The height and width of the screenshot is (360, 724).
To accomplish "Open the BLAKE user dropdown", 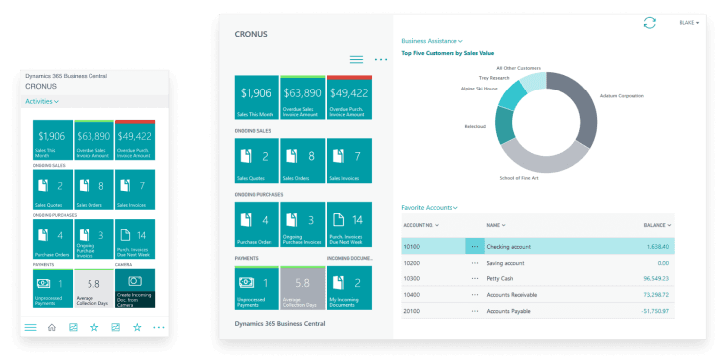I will [x=689, y=23].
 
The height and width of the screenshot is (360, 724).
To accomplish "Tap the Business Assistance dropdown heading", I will [x=431, y=41].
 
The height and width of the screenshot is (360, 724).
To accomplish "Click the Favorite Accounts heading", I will [x=429, y=207].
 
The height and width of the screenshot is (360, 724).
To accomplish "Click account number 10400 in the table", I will [x=413, y=295].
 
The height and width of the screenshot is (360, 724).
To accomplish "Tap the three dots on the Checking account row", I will [x=475, y=245].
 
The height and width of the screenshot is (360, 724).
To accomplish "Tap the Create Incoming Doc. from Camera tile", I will [x=135, y=286].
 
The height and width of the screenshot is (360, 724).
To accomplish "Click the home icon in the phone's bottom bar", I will [x=52, y=327].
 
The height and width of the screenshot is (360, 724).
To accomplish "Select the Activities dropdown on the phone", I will [x=42, y=101].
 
